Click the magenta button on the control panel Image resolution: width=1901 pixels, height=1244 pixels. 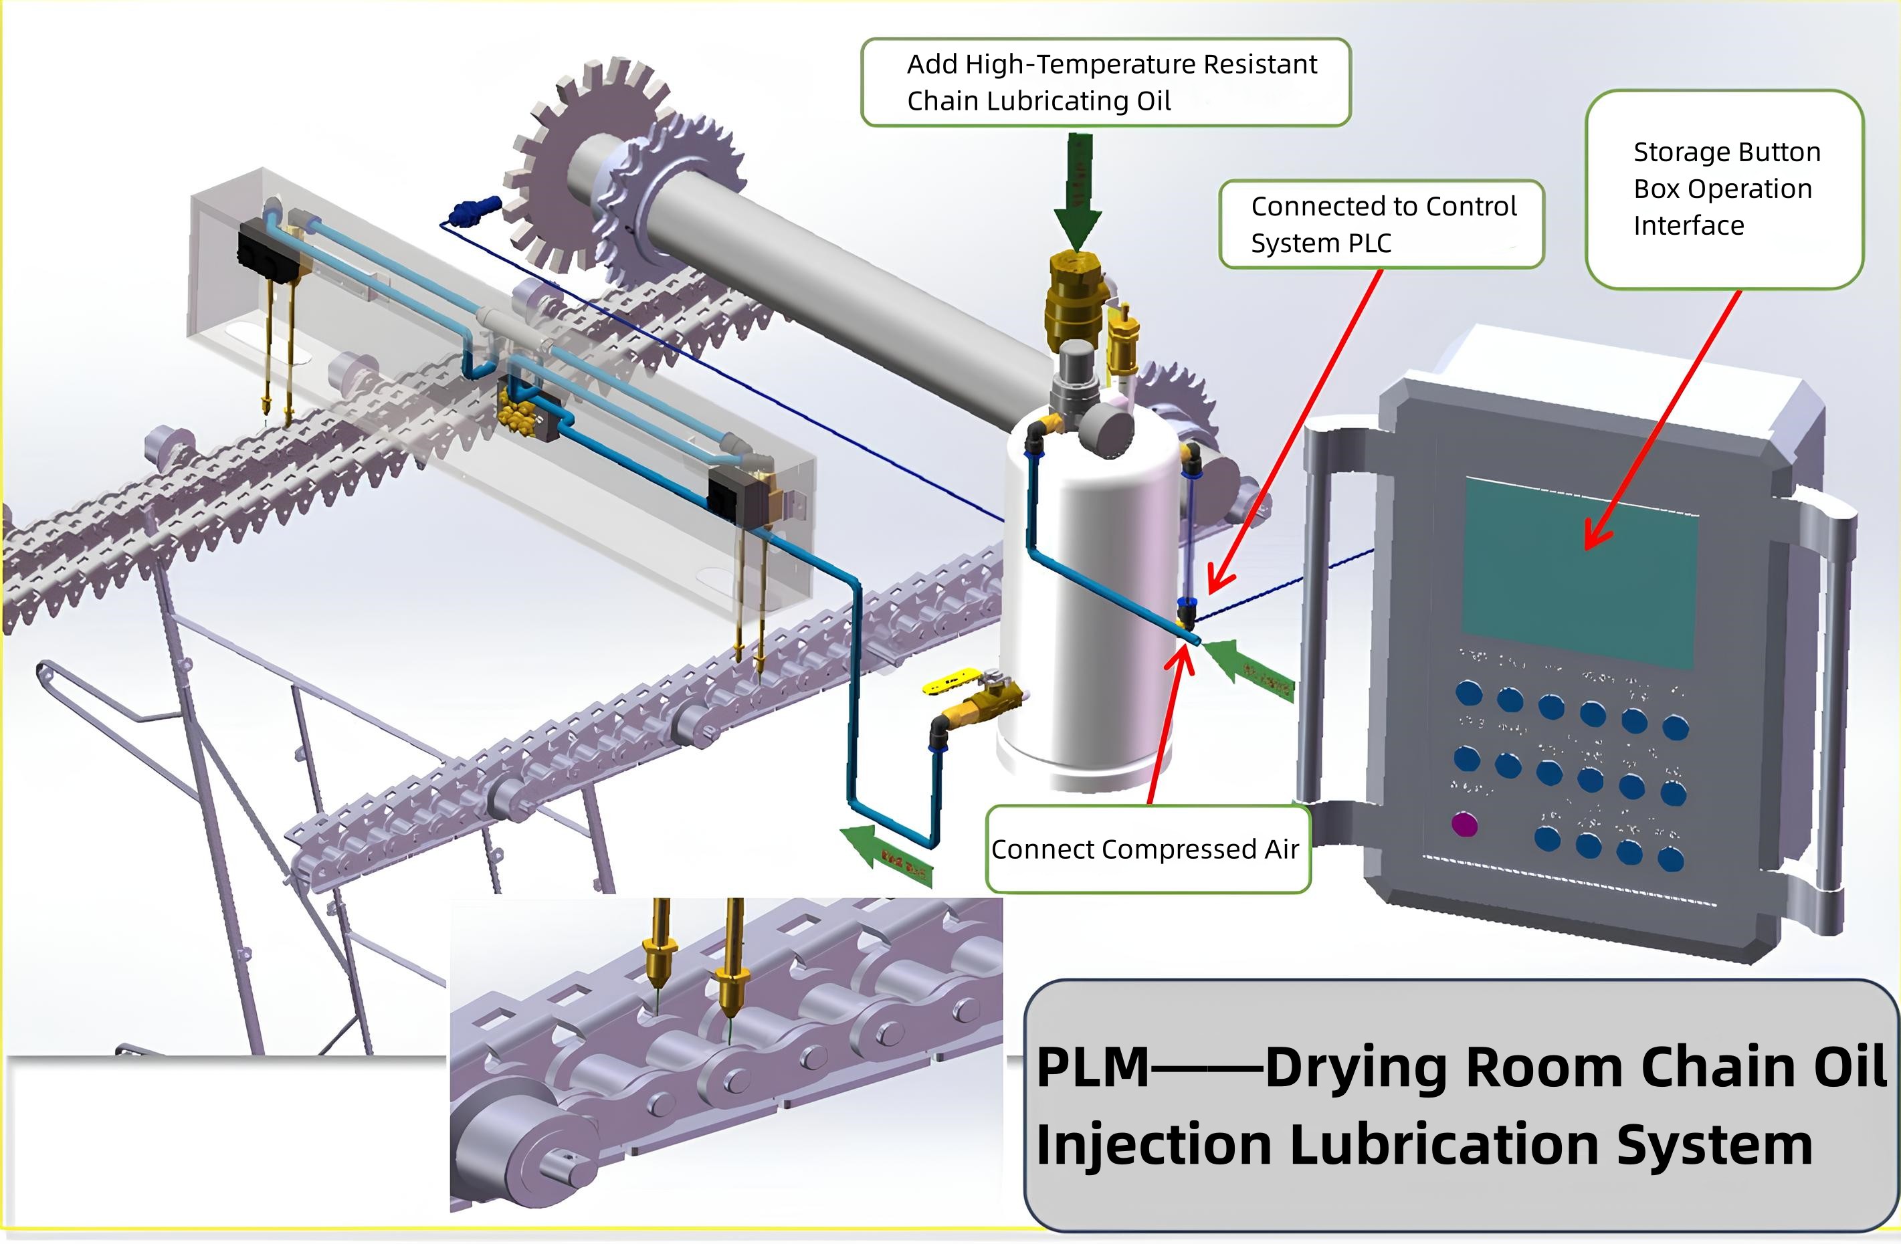[x=1464, y=824]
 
